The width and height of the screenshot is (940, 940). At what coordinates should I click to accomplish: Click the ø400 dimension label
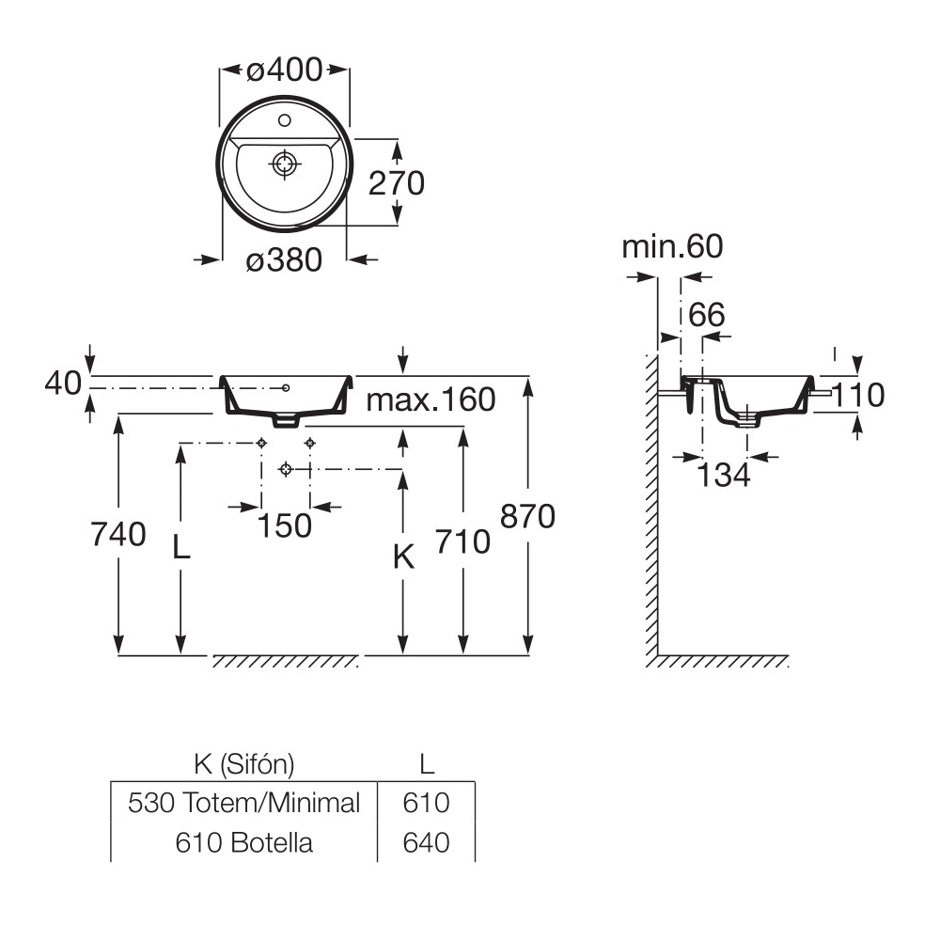pyautogui.click(x=284, y=69)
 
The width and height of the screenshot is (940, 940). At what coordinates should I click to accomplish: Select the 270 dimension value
pyautogui.click(x=396, y=182)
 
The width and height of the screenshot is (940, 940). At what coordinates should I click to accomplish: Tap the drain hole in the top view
pyautogui.click(x=285, y=164)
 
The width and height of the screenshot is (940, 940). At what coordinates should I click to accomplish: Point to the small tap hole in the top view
pyautogui.click(x=284, y=120)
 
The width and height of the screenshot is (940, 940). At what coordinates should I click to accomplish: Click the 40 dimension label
pyautogui.click(x=63, y=384)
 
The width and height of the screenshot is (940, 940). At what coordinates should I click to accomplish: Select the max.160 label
pyautogui.click(x=431, y=399)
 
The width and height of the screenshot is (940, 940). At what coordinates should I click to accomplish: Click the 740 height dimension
pyautogui.click(x=118, y=534)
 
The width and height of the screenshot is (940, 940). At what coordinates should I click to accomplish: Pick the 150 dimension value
pyautogui.click(x=284, y=525)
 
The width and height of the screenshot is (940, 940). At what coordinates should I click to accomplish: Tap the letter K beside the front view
pyautogui.click(x=402, y=557)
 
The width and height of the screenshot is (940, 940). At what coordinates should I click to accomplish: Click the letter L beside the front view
pyautogui.click(x=181, y=546)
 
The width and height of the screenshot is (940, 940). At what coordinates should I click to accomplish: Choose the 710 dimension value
pyautogui.click(x=462, y=541)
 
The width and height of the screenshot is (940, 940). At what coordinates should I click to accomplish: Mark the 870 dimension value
pyautogui.click(x=528, y=516)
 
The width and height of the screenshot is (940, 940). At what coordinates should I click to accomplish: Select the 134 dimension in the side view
pyautogui.click(x=724, y=476)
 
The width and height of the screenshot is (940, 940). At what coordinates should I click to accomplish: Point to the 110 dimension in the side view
pyautogui.click(x=858, y=396)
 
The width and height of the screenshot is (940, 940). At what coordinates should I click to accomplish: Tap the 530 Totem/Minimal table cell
pyautogui.click(x=243, y=803)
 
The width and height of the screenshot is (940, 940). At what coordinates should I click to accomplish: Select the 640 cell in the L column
pyautogui.click(x=427, y=841)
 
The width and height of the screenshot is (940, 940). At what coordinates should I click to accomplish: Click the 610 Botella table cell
pyautogui.click(x=243, y=841)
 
